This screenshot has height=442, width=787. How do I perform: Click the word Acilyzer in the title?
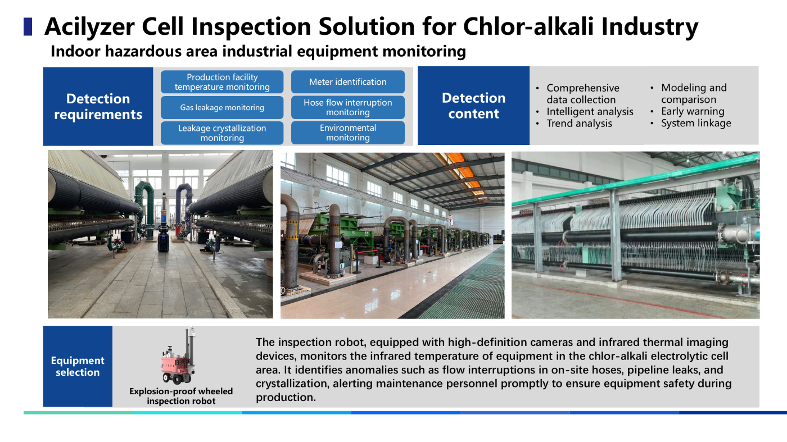(89, 27)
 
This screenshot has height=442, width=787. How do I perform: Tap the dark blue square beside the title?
(28, 27)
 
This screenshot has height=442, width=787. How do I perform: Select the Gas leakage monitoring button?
(222, 107)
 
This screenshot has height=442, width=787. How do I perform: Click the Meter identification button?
(348, 82)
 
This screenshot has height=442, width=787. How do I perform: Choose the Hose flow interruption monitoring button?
(348, 107)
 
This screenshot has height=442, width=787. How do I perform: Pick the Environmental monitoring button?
(348, 133)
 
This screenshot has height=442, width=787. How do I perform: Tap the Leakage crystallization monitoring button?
(222, 133)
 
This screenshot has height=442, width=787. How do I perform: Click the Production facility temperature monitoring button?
(222, 82)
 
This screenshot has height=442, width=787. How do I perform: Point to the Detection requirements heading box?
(98, 106)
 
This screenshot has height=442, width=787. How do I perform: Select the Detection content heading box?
(473, 106)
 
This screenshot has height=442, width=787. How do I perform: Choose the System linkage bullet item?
(691, 123)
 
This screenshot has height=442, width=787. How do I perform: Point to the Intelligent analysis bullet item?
(585, 112)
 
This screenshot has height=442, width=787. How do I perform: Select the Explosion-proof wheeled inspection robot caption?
(181, 396)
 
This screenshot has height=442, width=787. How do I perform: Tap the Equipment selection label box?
(78, 366)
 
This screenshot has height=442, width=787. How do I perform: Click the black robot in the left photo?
(164, 232)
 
